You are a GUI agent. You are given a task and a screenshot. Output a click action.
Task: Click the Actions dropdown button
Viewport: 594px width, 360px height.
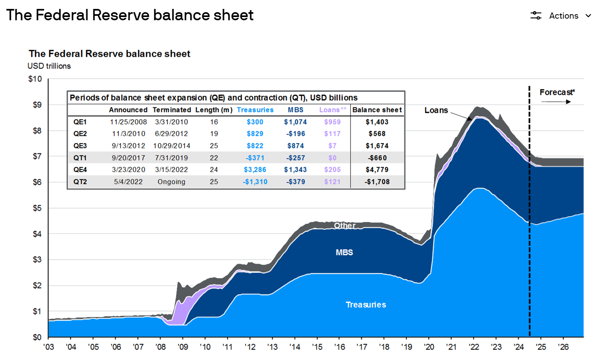tap(561, 16)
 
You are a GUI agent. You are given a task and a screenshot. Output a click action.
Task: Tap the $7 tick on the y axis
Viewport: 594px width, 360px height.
tap(37, 156)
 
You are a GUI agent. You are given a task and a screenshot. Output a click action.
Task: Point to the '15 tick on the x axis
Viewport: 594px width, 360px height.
tap(317, 347)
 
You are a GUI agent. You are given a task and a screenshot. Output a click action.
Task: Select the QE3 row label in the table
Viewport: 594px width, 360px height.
tap(80, 146)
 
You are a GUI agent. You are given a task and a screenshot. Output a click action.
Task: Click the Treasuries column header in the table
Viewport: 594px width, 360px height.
tap(255, 110)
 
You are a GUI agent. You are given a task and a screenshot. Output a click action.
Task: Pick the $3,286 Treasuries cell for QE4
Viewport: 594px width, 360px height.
tap(255, 170)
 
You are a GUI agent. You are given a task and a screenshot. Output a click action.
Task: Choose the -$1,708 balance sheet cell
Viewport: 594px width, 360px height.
tap(377, 182)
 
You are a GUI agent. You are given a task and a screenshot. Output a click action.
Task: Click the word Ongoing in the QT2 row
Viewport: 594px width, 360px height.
tap(171, 182)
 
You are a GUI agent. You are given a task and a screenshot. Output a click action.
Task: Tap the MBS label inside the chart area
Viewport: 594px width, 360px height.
tap(344, 253)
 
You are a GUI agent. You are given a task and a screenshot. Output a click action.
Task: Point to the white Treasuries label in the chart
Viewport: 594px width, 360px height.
tap(366, 305)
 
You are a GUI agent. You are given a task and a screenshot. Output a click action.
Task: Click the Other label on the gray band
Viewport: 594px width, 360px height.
tap(344, 225)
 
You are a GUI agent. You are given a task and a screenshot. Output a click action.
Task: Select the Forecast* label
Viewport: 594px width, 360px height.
tap(557, 92)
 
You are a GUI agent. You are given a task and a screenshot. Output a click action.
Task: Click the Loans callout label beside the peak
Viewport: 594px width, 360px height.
tap(436, 110)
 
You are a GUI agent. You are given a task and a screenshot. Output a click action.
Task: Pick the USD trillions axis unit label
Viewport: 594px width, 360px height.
tap(49, 66)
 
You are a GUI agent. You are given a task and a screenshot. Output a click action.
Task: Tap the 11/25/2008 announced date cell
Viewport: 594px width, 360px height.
tap(128, 122)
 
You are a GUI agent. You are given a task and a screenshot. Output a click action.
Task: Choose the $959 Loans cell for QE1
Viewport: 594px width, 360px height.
tap(332, 122)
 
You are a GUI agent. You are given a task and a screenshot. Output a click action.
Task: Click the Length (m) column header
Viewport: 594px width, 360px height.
tap(214, 110)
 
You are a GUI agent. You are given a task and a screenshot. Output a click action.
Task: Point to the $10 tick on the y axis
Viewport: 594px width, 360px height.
tap(35, 79)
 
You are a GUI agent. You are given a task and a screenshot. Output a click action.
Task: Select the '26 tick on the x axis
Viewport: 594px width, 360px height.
tap(563, 347)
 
